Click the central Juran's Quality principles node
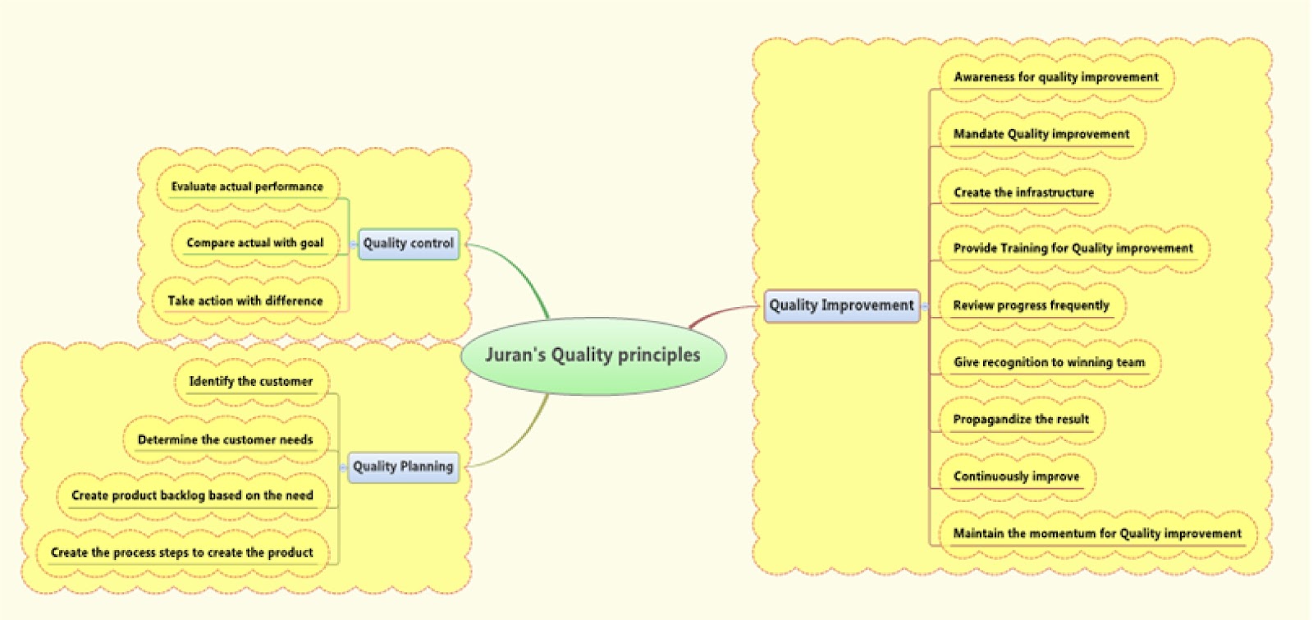(x=592, y=355)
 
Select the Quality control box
(x=408, y=243)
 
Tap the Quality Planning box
(x=402, y=466)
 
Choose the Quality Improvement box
(x=841, y=305)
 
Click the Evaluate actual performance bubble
(x=247, y=186)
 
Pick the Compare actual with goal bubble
(x=254, y=243)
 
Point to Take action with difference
(x=245, y=301)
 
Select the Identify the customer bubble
(x=250, y=381)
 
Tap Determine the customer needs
(x=225, y=439)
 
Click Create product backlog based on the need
(x=192, y=495)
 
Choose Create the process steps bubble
(x=181, y=553)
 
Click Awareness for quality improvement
(x=1055, y=77)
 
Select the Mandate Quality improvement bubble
(x=1041, y=134)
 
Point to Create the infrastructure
(x=1023, y=192)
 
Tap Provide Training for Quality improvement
(x=1073, y=248)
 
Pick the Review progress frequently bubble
(x=1031, y=305)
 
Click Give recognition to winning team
(x=1049, y=362)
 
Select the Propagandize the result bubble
(x=1021, y=419)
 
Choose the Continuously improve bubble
(x=1016, y=476)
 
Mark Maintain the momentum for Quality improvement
(x=1096, y=533)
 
